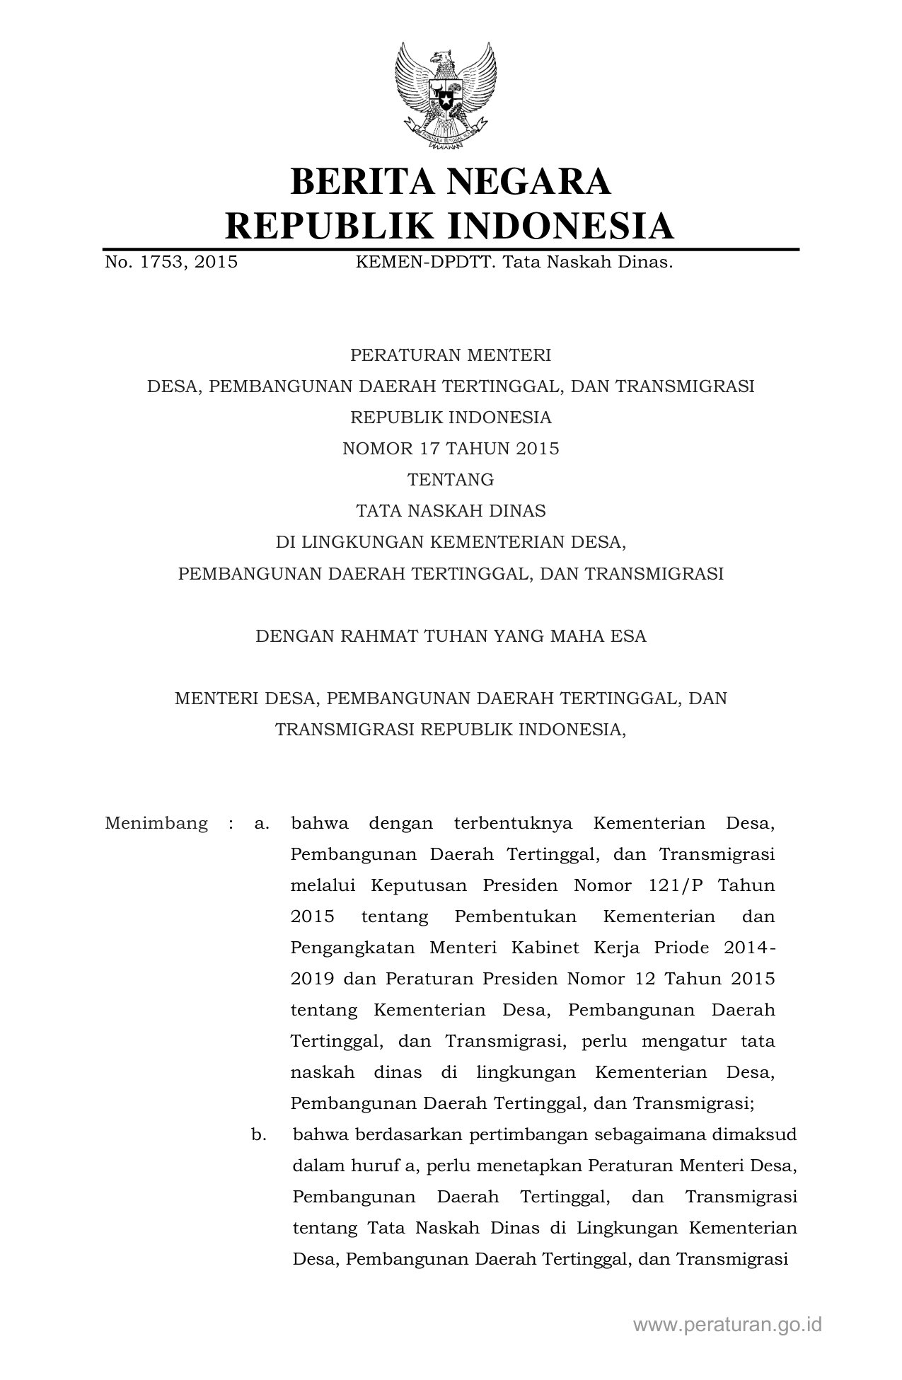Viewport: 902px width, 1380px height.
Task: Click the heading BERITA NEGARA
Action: click(x=450, y=181)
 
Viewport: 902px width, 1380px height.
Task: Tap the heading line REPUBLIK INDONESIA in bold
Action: click(x=450, y=226)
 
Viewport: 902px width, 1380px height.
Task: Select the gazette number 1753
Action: click(x=161, y=263)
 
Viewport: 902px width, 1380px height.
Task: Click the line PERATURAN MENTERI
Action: click(x=451, y=355)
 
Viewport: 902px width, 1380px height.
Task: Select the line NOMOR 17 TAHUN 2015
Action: click(x=451, y=449)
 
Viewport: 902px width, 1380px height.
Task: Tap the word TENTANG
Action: click(x=451, y=480)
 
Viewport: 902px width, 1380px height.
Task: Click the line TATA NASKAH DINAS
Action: click(x=451, y=511)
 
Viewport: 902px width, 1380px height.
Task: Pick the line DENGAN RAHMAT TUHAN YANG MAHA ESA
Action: click(x=451, y=636)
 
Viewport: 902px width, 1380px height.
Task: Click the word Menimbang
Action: click(x=156, y=824)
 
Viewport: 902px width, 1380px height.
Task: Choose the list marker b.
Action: click(x=259, y=1135)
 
